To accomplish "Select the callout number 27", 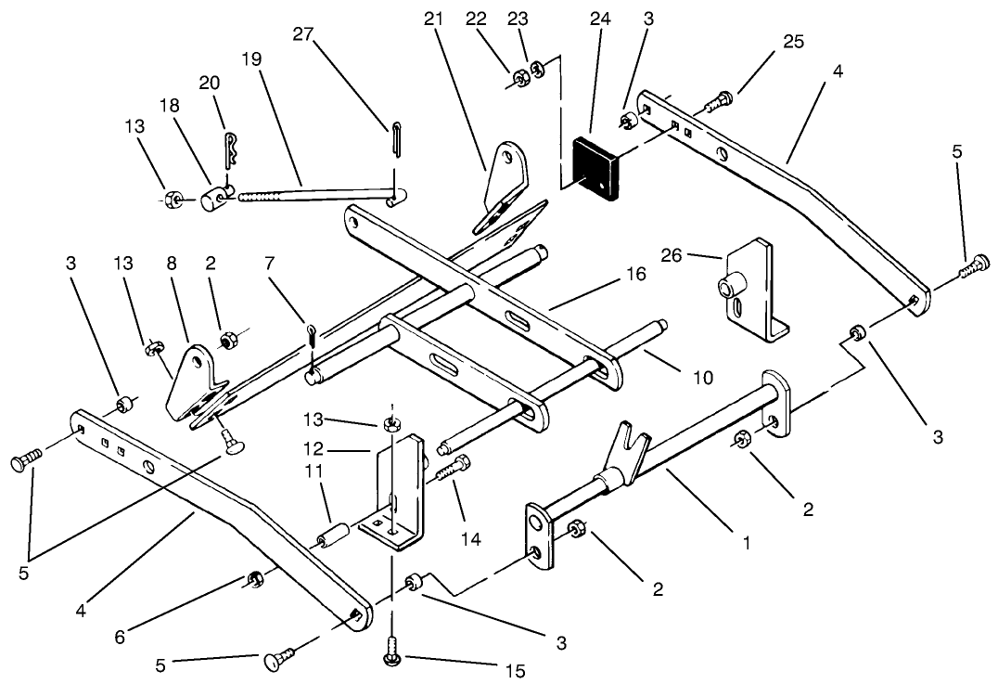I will [x=303, y=34].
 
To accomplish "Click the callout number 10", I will [x=704, y=377].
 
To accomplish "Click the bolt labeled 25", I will [x=720, y=97].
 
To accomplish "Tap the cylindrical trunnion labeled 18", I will [x=215, y=197].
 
